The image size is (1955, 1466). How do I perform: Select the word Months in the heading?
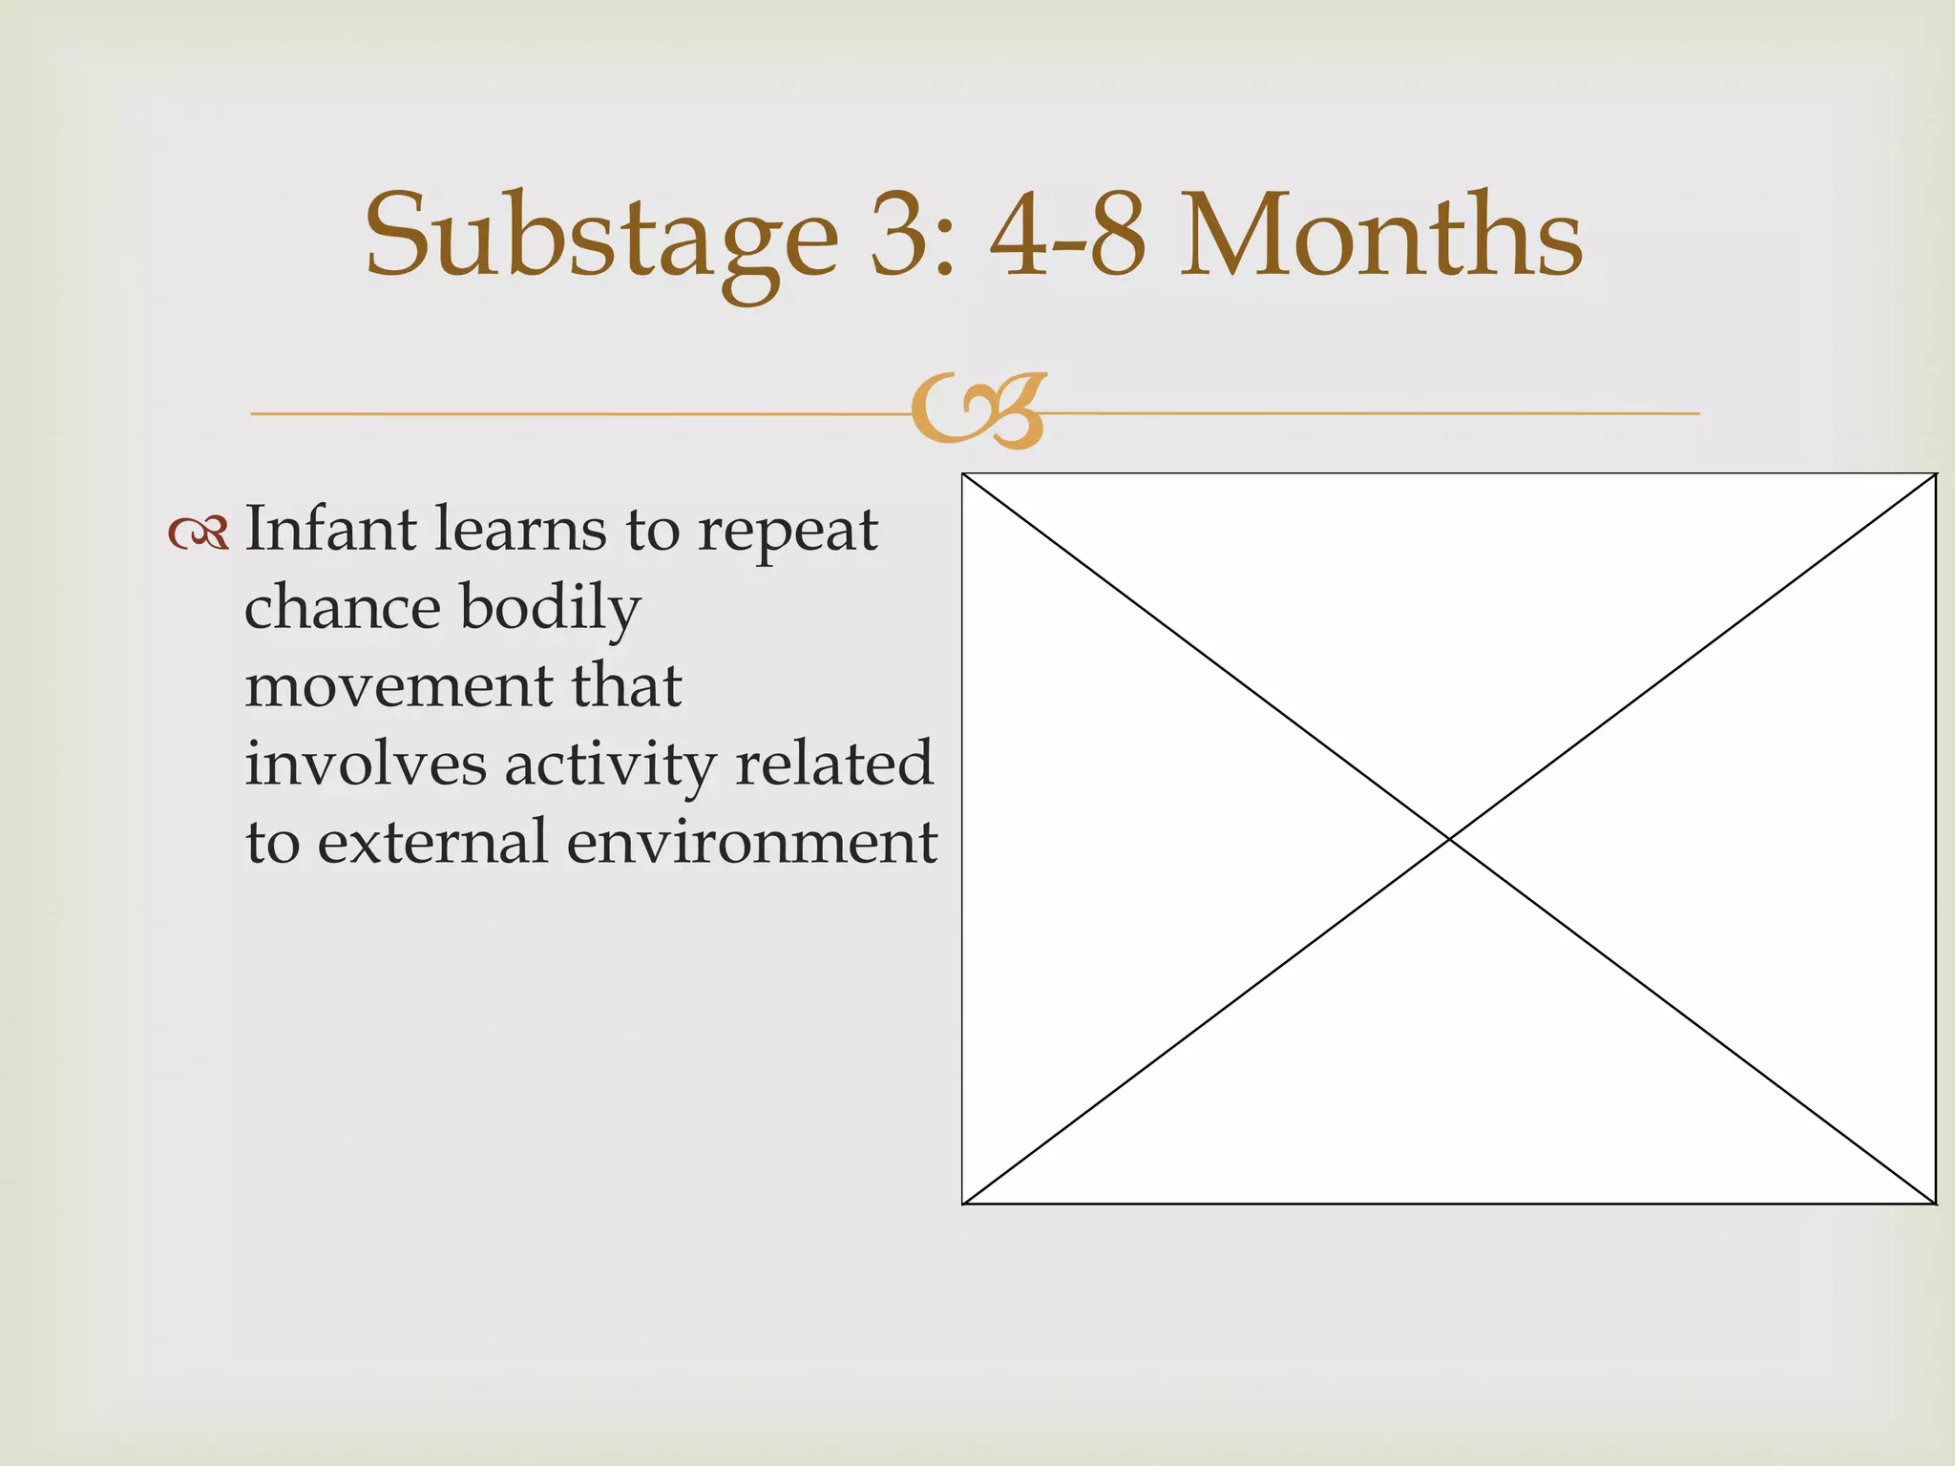[x=1381, y=237]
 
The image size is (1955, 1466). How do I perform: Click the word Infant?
[x=330, y=529]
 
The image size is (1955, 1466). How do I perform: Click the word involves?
[x=366, y=764]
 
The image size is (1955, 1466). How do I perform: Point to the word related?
[x=834, y=764]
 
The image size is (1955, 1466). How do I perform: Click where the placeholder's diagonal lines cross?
[x=1449, y=839]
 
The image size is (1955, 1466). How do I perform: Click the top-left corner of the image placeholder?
[x=963, y=474]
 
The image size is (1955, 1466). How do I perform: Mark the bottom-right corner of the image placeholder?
[x=1934, y=1204]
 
